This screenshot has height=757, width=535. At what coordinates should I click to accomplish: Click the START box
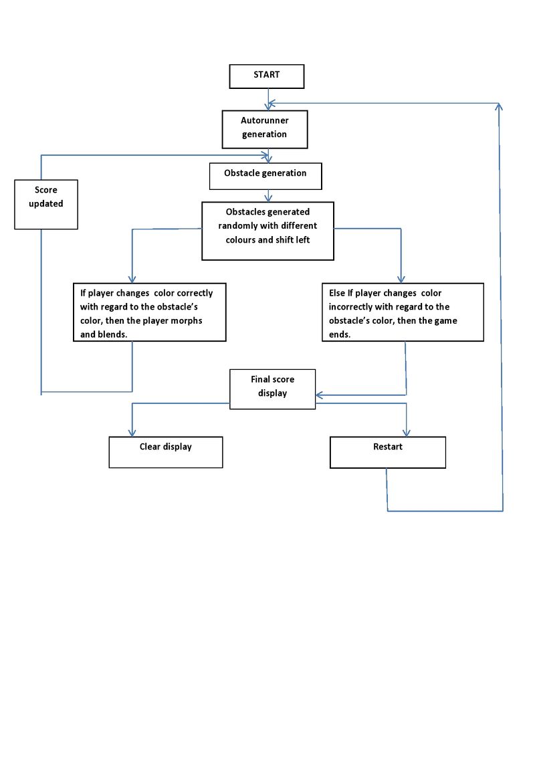pyautogui.click(x=267, y=76)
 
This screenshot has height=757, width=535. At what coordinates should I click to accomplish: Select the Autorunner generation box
pyautogui.click(x=265, y=129)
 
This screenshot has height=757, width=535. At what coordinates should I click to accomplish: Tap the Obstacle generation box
pyautogui.click(x=265, y=177)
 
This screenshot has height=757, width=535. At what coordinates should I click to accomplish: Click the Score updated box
pyautogui.click(x=46, y=204)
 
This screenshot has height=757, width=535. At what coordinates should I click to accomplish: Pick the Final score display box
pyautogui.click(x=272, y=389)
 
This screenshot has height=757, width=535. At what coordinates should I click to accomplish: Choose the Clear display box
pyautogui.click(x=166, y=452)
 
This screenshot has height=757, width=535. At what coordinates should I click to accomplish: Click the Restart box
pyautogui.click(x=388, y=452)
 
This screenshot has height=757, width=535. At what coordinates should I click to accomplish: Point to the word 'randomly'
pyautogui.click(x=237, y=226)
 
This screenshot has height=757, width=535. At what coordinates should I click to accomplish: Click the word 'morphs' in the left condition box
pyautogui.click(x=187, y=320)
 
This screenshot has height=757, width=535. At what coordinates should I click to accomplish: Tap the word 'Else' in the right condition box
pyautogui.click(x=337, y=293)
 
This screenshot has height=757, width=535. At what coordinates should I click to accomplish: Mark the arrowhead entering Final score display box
pyautogui.click(x=319, y=395)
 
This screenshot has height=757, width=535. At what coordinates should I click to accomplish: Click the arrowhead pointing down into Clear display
pyautogui.click(x=132, y=433)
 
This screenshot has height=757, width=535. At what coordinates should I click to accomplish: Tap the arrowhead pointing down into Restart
pyautogui.click(x=407, y=433)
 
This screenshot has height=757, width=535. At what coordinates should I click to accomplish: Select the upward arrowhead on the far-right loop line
pyautogui.click(x=499, y=106)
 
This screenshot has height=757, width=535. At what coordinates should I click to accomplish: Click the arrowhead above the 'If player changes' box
pyautogui.click(x=132, y=279)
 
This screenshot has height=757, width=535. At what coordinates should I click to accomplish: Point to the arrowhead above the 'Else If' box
pyautogui.click(x=401, y=279)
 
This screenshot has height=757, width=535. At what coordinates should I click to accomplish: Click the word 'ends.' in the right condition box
pyautogui.click(x=340, y=334)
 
